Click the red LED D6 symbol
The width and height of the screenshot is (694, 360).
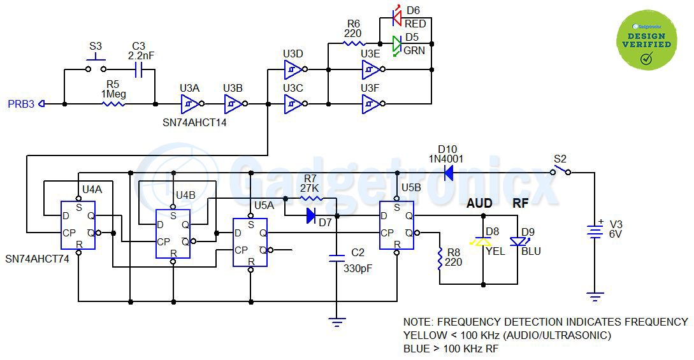pos(397,18)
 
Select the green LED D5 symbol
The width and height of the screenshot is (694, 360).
pos(397,44)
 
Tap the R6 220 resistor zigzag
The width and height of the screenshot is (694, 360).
pos(354,43)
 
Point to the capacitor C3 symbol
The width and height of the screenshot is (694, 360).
pos(138,69)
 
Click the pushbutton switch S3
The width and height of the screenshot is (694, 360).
pos(96,66)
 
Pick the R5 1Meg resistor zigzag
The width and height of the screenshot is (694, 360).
pos(113,104)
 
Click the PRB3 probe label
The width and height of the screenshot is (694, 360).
pos(21,104)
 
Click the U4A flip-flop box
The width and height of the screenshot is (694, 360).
pos(78,225)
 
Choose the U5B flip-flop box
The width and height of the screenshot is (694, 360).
pos(396,225)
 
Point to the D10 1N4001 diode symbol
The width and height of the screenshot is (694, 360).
pos(448,173)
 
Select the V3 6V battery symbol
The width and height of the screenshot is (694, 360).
pos(595,231)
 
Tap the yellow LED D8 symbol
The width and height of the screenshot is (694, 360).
pos(482,242)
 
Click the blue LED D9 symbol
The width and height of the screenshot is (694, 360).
pos(518,241)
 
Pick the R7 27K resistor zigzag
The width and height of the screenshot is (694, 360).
pos(312,199)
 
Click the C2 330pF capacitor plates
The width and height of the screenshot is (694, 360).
pos(337,258)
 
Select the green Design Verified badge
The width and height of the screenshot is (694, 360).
pos(647,40)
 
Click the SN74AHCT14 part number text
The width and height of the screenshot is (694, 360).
pos(194,123)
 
